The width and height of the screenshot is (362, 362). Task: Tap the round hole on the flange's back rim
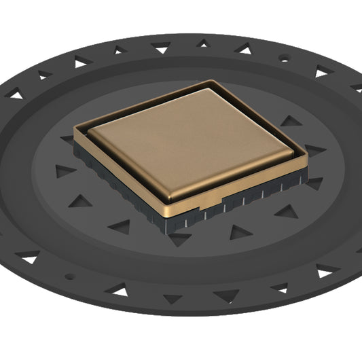coord(283,59)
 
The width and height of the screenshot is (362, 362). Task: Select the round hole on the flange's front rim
coord(68,276)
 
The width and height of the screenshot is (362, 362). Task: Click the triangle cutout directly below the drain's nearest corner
coord(179,238)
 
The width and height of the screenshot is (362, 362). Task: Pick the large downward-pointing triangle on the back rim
coord(161,48)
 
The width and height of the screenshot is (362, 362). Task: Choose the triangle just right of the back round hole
coord(321,71)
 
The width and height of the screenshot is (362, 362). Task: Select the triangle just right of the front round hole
coord(119,291)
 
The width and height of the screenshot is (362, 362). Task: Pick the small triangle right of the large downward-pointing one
coord(203,43)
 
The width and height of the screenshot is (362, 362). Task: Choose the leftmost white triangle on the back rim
coord(14,95)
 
